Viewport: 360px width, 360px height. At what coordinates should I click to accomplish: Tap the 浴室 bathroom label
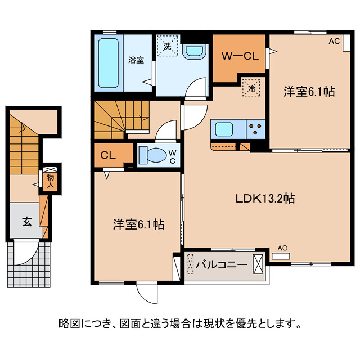point(135,60)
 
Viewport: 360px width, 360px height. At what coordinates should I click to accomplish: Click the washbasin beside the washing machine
point(195,52)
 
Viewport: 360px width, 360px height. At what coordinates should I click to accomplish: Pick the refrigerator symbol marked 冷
point(251,88)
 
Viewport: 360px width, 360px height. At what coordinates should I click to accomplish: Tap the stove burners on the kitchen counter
point(256,129)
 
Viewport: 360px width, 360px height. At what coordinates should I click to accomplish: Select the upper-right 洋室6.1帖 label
point(309,91)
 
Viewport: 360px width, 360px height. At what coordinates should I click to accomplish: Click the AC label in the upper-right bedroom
point(334,41)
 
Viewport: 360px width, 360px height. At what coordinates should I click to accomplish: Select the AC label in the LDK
point(282,247)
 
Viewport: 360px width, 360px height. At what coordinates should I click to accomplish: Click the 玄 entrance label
point(26,220)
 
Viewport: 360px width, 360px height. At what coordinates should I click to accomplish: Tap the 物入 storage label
point(50,181)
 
